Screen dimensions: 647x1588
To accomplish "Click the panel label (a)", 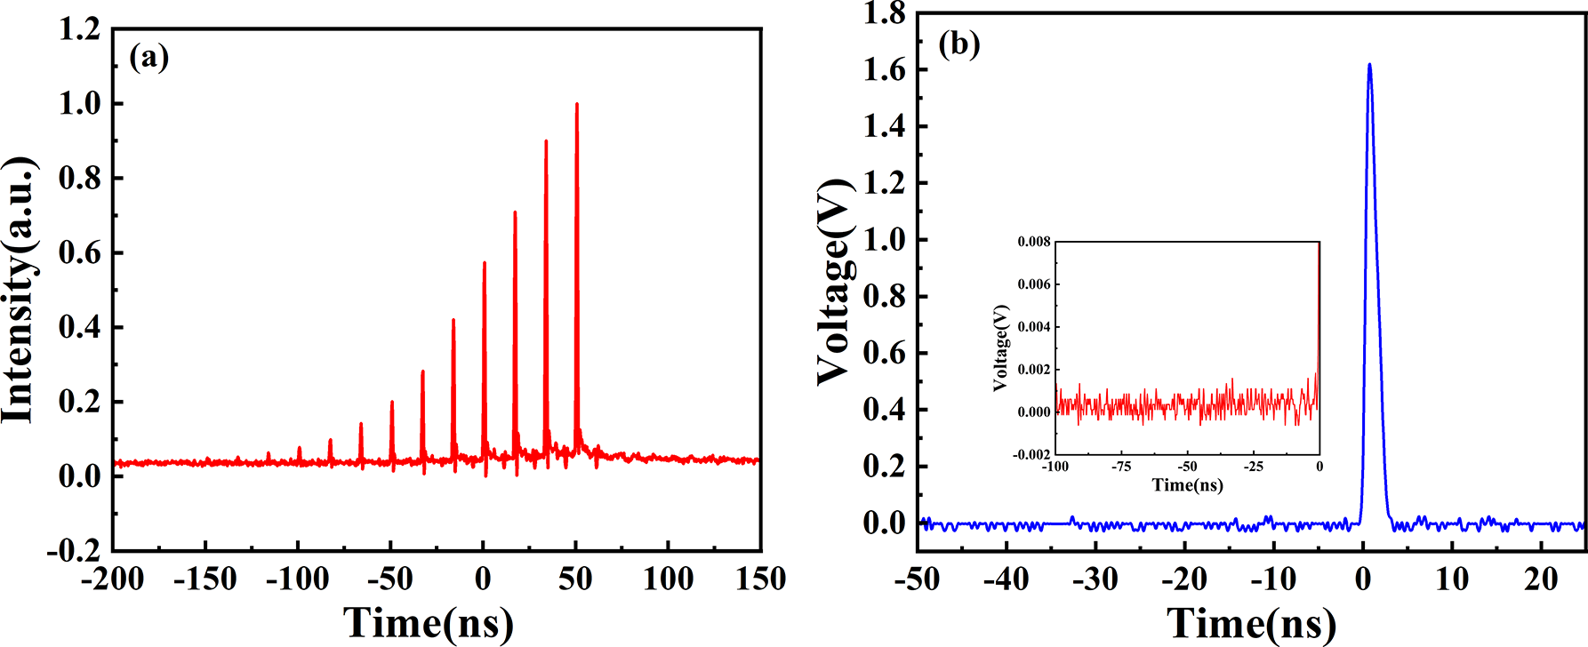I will (x=148, y=58).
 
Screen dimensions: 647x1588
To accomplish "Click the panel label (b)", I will (x=959, y=44).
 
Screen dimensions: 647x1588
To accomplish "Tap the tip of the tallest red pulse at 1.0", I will (x=576, y=104).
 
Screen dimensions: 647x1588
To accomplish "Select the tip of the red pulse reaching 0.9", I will (x=546, y=141).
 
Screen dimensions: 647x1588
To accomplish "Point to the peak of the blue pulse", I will (x=1369, y=64).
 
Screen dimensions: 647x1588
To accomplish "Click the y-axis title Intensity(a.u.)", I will (x=20, y=290).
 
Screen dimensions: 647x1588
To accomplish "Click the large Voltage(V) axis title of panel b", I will (x=834, y=281).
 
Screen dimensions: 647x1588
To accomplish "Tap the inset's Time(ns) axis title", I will (x=1187, y=485).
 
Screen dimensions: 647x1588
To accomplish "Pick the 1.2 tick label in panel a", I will (x=79, y=29).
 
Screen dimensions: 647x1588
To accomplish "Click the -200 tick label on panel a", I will (x=112, y=580).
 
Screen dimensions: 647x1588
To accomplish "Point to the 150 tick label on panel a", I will (x=759, y=580).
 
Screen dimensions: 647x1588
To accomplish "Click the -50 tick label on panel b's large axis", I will (x=916, y=580).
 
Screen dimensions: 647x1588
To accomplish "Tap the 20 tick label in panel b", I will (x=1541, y=580).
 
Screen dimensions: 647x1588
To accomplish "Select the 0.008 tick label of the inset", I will (x=1034, y=242).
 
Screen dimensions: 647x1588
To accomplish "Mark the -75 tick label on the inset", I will (x=1121, y=467).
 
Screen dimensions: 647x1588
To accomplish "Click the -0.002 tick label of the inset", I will (x=1032, y=454).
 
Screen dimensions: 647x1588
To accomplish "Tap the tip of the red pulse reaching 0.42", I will (x=453, y=320).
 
